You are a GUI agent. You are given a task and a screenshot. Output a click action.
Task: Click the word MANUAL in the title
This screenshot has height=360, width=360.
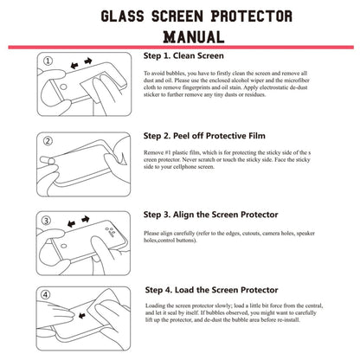click(x=181, y=36)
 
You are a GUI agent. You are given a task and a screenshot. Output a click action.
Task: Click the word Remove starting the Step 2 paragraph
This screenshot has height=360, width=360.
click(x=156, y=152)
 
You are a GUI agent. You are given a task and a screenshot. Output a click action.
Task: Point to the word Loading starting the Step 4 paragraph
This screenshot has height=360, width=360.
click(x=157, y=307)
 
